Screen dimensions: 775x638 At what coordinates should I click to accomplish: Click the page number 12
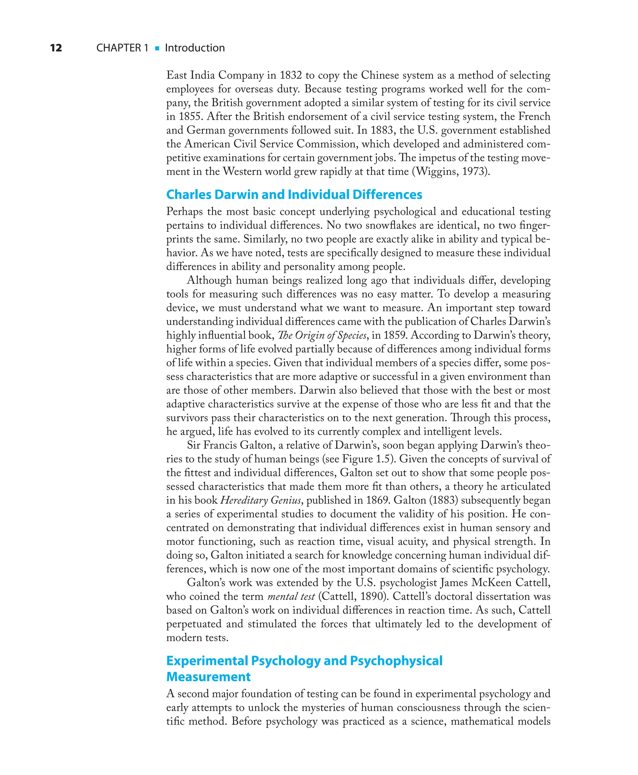tap(56, 48)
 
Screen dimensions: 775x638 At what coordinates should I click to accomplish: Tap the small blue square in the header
tap(157, 48)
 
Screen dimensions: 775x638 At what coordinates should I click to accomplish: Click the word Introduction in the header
tap(195, 48)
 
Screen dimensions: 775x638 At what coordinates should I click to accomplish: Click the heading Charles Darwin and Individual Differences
tap(294, 194)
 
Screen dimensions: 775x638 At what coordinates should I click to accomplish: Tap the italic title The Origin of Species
tap(322, 336)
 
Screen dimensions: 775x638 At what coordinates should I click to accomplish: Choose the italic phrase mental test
tap(291, 596)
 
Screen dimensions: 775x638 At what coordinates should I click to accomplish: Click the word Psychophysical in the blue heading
tap(396, 661)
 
